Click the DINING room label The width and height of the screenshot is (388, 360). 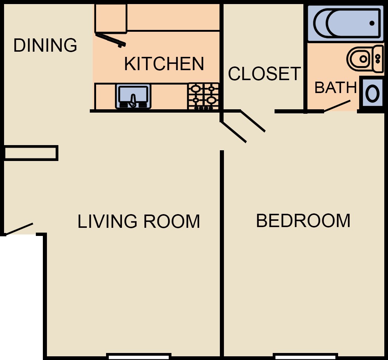(x=45, y=45)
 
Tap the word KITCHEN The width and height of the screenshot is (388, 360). (x=164, y=64)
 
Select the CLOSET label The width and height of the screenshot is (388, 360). (x=264, y=73)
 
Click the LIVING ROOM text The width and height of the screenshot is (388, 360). (x=139, y=221)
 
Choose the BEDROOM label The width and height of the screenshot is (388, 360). (x=303, y=220)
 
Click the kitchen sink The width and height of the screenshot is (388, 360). (x=133, y=96)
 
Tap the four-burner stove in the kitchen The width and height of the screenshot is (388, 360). (x=203, y=96)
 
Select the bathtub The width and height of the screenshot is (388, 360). (x=346, y=23)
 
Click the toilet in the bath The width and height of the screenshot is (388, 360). (x=365, y=59)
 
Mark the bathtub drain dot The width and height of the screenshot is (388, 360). (x=372, y=23)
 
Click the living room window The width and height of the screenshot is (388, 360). (x=139, y=357)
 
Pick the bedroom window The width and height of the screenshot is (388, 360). (x=305, y=357)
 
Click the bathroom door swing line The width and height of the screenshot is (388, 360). (x=337, y=106)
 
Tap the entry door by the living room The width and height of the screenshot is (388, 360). (x=19, y=229)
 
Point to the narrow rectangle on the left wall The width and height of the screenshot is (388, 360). (x=31, y=153)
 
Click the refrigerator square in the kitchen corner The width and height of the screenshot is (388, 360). (x=111, y=18)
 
